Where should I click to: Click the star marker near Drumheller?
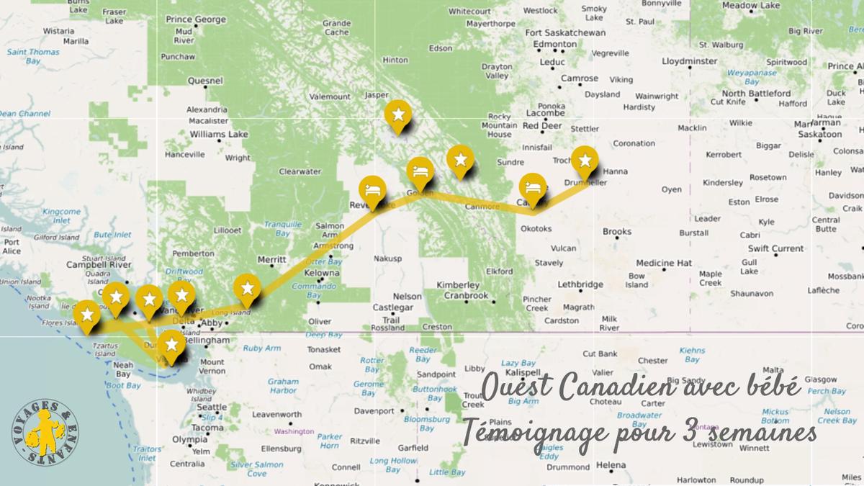(585, 160)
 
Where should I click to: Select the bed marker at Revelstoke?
(372, 190)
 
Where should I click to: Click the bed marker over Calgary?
(532, 187)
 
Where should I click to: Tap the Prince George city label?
(195, 19)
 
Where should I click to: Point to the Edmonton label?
(555, 44)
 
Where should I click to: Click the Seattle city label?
(211, 407)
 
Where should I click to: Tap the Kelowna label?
(321, 274)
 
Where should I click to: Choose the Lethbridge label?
(580, 284)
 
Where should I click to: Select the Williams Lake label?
(218, 134)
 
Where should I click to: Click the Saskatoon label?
(817, 134)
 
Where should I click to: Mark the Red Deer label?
(542, 125)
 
